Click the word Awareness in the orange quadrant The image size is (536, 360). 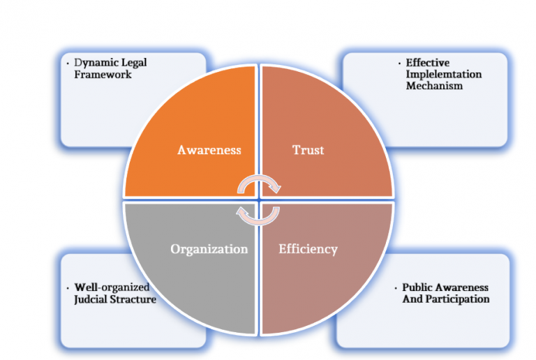[x=209, y=150]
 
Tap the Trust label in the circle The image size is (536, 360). [x=308, y=149]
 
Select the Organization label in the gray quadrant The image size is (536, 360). [x=209, y=249]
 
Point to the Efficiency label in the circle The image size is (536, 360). [x=308, y=249]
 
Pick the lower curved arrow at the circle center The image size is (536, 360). [x=258, y=216]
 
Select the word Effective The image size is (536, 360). [x=427, y=63]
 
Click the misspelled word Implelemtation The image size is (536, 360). [x=444, y=75]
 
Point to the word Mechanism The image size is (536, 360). [x=434, y=86]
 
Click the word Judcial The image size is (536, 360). [x=91, y=299]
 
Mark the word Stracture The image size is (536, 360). [x=132, y=299]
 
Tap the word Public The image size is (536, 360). [x=417, y=287]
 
